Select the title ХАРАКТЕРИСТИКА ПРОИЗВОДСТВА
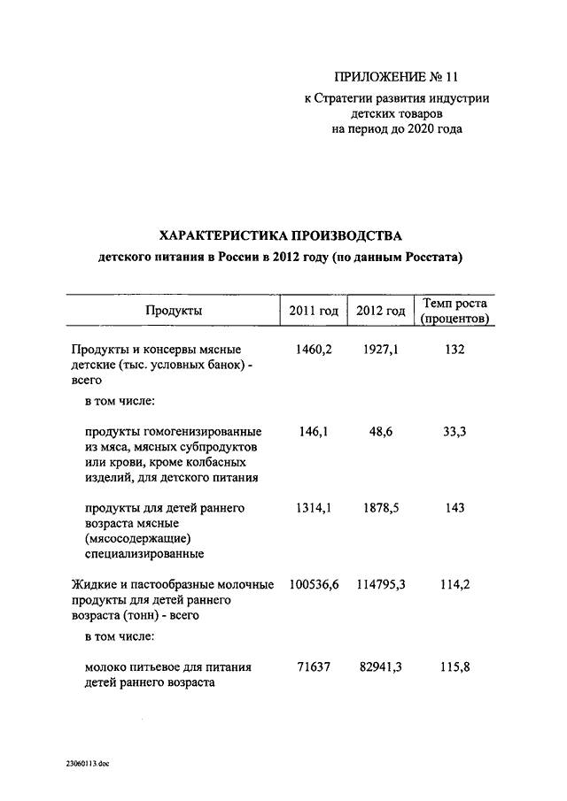click(x=280, y=235)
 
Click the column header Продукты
click(x=173, y=311)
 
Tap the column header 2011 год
click(x=314, y=311)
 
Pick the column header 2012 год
click(x=381, y=311)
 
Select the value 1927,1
click(x=381, y=350)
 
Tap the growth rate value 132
click(x=455, y=350)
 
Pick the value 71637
click(x=314, y=666)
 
